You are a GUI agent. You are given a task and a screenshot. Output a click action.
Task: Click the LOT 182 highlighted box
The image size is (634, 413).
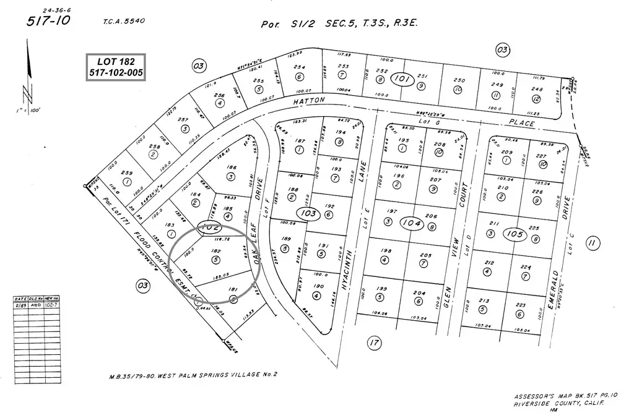click(115, 67)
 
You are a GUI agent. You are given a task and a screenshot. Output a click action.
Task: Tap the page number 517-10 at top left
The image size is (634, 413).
click(48, 22)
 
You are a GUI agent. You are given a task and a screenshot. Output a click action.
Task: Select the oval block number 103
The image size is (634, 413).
click(308, 213)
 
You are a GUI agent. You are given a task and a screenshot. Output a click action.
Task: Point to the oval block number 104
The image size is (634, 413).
click(410, 223)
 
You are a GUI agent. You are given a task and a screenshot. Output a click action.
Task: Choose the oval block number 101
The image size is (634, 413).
click(403, 79)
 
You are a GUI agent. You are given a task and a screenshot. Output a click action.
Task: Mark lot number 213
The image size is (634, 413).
click(484, 302)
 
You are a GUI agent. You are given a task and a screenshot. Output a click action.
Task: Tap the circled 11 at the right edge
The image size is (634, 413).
click(593, 242)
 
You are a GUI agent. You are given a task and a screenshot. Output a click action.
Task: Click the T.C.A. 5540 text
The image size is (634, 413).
click(124, 21)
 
